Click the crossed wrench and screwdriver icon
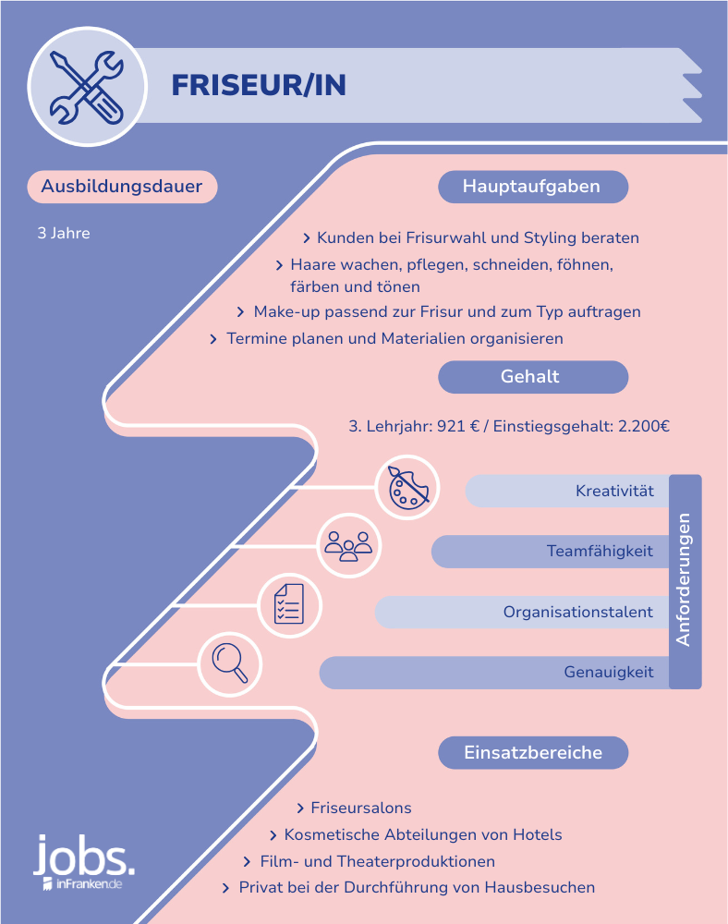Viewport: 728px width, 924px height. point(87,87)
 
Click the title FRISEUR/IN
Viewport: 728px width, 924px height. point(259,85)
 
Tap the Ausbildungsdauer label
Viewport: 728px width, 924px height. point(122,187)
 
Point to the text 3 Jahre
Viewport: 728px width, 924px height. point(64,233)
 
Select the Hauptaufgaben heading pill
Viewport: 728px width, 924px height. point(533,187)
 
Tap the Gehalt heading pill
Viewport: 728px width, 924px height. point(533,377)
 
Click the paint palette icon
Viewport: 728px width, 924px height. point(407,487)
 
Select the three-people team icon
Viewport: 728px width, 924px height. point(348,546)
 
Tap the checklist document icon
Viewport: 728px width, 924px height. point(289,605)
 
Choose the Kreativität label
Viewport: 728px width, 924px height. point(614,491)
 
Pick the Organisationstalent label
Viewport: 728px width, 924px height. point(577,612)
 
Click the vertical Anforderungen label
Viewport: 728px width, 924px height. point(684,580)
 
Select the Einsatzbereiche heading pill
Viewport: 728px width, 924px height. point(533,752)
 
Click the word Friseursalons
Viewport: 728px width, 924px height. point(361,808)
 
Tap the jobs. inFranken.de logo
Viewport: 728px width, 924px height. point(84,862)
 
